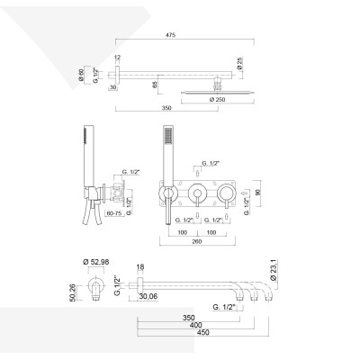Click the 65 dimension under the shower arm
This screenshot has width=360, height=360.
coord(157,84)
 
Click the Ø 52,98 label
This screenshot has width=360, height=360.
coord(96,262)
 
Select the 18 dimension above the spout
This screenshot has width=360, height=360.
coord(139,267)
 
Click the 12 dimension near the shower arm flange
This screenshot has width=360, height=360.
coord(118,58)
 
